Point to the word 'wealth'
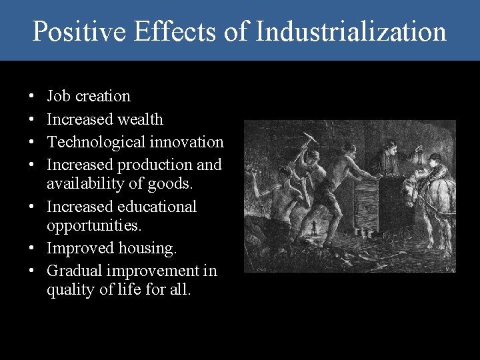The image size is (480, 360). (139, 119)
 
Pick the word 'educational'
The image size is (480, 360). (159, 207)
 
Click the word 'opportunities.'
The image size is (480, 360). (94, 225)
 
